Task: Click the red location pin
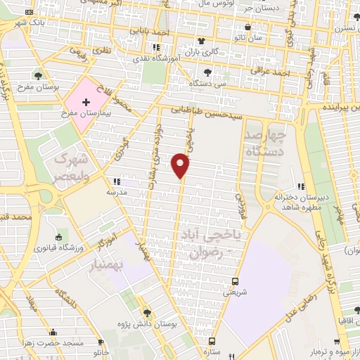point(181,166)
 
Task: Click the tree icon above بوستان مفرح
point(37,75)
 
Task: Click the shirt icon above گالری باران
point(201,40)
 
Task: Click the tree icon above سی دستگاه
point(207,72)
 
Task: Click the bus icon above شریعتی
point(234,280)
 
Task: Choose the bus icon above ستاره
point(209,338)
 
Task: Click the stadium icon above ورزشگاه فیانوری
point(58,237)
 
